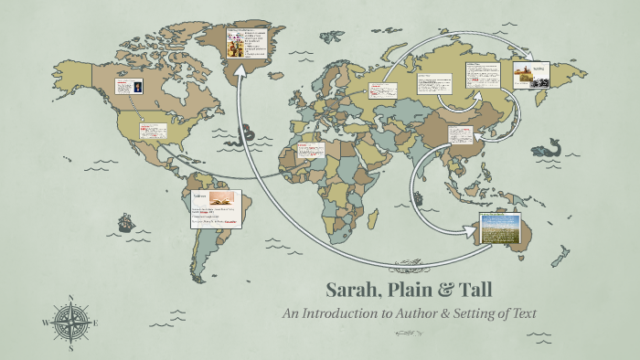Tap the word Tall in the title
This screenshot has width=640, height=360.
(x=471, y=291)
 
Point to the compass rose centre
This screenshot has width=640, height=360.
(x=69, y=323)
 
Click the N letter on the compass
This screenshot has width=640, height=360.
(x=70, y=297)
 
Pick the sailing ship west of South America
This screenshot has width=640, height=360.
(x=124, y=222)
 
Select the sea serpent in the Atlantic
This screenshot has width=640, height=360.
(x=239, y=140)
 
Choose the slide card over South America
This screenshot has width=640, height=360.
(x=216, y=209)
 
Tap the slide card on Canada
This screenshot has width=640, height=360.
(x=126, y=88)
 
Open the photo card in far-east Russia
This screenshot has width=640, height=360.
(x=529, y=75)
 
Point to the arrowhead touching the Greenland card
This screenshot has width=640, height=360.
(x=240, y=70)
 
